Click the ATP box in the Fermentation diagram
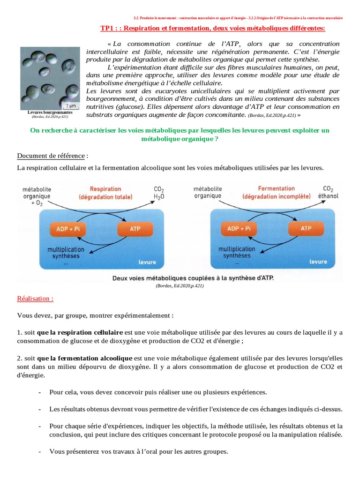306,229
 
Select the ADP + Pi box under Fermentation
239,229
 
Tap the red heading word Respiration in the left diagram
105,189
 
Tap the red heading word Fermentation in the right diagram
276,188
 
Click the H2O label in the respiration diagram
159,197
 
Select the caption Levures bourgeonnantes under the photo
49,113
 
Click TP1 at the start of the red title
109,29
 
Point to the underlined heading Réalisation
35,298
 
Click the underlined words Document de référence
51,156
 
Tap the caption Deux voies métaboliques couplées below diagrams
193,277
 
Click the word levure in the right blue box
318,261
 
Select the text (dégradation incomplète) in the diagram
276,197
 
